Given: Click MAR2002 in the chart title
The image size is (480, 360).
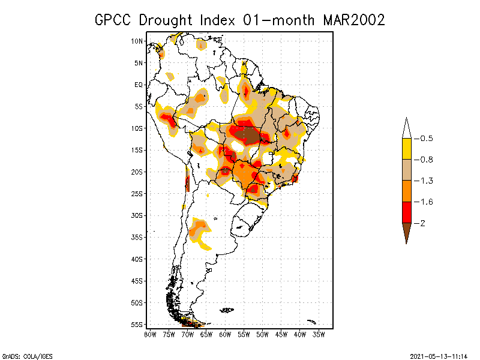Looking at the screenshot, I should (x=353, y=20).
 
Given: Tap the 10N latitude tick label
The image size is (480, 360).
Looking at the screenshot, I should (x=137, y=41).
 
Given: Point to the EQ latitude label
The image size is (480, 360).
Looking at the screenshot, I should (x=139, y=85).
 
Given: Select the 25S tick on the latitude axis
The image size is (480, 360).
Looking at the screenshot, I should (x=137, y=193).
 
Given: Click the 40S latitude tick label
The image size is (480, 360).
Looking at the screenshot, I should (x=137, y=259).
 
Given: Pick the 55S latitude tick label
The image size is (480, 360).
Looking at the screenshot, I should (x=137, y=324).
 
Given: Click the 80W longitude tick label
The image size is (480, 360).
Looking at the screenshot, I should (x=149, y=334).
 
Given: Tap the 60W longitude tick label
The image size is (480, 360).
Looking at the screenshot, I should (x=225, y=334).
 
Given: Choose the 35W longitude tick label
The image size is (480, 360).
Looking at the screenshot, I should (x=319, y=334).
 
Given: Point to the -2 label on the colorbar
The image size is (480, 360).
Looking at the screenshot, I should (x=423, y=223).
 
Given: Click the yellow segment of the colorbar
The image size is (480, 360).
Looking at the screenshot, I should (x=406, y=149).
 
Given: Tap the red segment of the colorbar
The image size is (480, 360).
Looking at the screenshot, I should (x=406, y=212).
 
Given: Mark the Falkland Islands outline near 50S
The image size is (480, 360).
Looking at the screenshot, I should (x=227, y=310).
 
